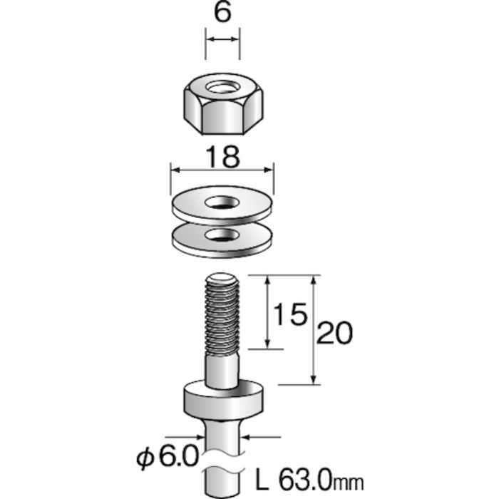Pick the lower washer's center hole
pyautogui.click(x=222, y=235)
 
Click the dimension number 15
pyautogui.click(x=291, y=314)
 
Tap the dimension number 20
pyautogui.click(x=334, y=333)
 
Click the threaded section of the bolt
pyautogui.click(x=222, y=317)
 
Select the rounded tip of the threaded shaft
pyautogui.click(x=222, y=280)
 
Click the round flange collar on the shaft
pyautogui.click(x=222, y=401)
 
